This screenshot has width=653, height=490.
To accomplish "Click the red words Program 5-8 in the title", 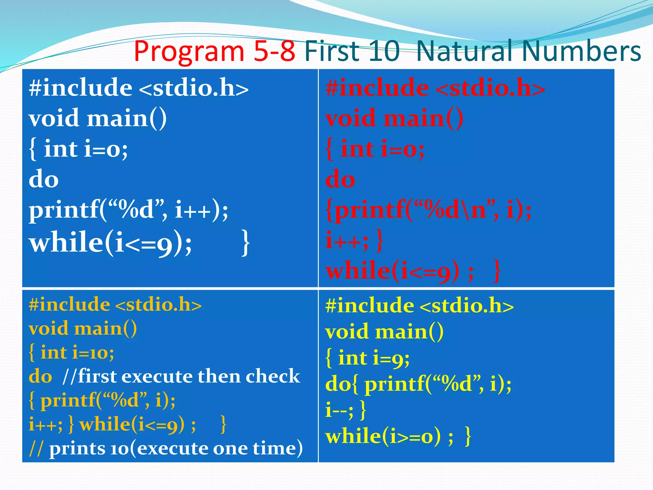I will pos(214,51).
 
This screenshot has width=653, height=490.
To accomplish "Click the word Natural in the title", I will pos(466,51).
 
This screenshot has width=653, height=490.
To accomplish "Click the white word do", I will pos(44,179).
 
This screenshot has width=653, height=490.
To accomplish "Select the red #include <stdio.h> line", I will pos(435,88).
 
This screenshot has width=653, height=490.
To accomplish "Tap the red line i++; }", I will pos(354,241).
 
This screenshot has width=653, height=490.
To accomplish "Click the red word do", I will pos(340,179).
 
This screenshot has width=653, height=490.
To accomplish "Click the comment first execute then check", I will pos(182,376).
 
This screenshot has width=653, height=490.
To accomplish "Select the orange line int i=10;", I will pos(71,353).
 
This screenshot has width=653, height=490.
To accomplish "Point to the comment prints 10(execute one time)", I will pos(166,449).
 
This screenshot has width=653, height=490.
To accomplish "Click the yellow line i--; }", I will pos(346,410).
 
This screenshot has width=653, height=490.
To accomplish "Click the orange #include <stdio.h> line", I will pos(115,305).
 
